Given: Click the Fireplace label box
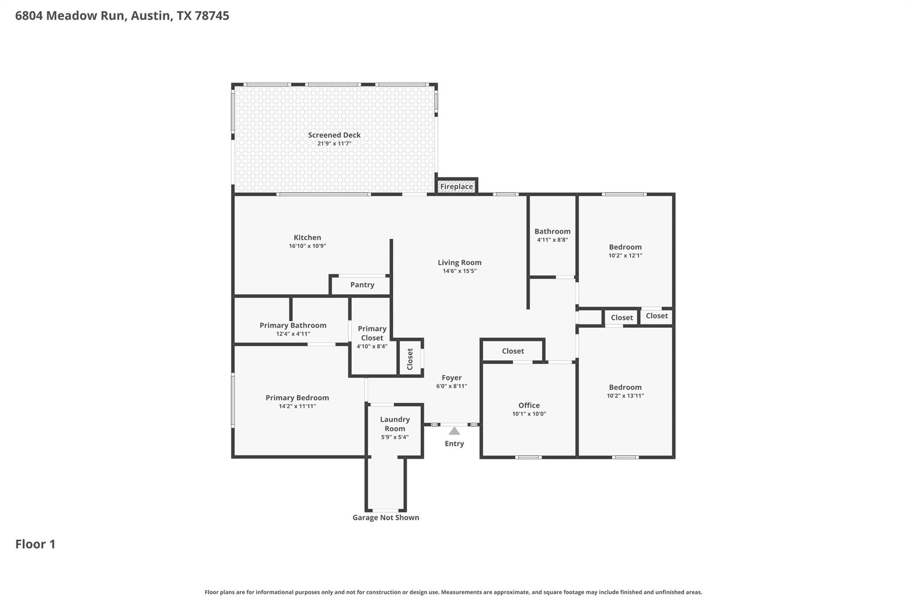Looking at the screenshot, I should pos(456,187).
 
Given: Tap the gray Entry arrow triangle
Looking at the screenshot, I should pos(454,431).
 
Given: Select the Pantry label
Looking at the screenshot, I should pos(362,285).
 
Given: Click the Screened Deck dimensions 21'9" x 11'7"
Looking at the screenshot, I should pos(334,144).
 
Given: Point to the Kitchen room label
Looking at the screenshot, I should pos(307,238).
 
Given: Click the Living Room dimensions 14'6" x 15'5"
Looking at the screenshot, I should pos(459,271).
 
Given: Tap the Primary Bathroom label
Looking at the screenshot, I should pos(293,326).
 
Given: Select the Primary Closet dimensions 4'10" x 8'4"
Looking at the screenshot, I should pos(372,346).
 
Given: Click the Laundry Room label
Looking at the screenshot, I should pos(395,424).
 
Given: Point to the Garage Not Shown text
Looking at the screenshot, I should pos(385,518).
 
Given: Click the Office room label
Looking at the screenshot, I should pos(529,405).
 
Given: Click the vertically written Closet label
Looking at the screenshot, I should pos(410,359).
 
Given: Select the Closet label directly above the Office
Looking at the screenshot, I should pos(513,351).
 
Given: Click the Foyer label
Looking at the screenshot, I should pos(451,378).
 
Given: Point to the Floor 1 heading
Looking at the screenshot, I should pos(35,544).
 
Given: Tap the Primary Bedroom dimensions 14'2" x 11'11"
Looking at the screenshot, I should pos(297,406).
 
